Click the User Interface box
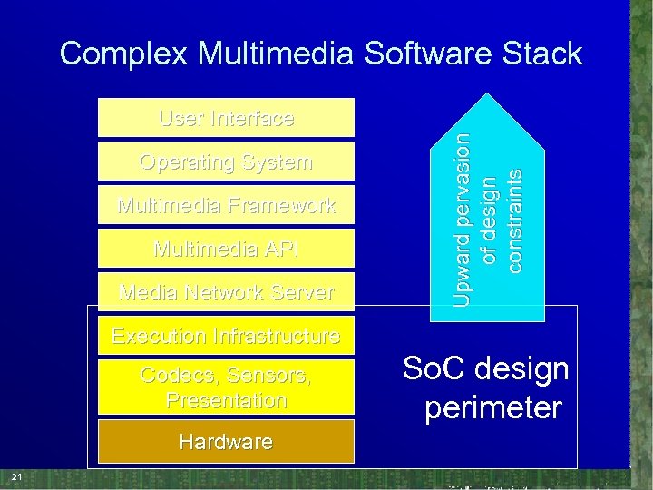point(226,118)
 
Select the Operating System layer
point(226,162)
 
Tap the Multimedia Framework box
point(226,205)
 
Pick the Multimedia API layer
point(226,249)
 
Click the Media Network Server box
point(226,292)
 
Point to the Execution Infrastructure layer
point(226,336)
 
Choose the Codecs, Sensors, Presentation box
point(226,387)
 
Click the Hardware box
point(226,442)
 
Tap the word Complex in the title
point(124,54)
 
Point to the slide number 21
point(15,477)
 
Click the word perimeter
point(493,407)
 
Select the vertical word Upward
point(463,269)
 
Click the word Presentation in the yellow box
point(226,400)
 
